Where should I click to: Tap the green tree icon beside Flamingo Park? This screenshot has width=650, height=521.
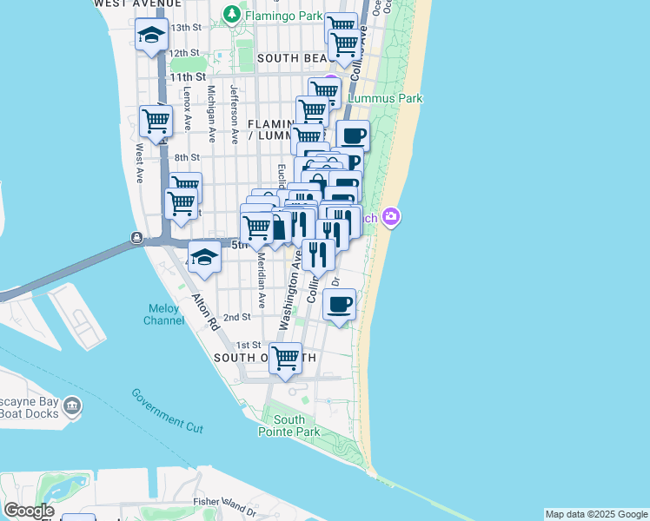tap(231, 14)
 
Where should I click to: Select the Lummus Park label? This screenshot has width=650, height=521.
tap(385, 98)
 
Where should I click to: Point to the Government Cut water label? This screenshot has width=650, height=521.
tap(168, 411)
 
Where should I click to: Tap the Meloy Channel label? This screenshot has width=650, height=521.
tap(163, 314)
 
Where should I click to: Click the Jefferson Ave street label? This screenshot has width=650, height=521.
tap(234, 114)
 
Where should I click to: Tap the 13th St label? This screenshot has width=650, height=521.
tap(186, 28)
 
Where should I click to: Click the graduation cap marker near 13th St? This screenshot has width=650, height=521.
tap(151, 36)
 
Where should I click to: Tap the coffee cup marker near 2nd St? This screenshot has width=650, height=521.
tap(339, 304)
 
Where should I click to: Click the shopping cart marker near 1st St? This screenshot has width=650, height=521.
tap(285, 357)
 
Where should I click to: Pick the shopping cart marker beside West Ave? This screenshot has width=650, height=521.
tap(156, 121)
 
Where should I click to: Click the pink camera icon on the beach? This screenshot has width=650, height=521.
tap(392, 216)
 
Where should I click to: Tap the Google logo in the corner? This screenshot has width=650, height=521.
tap(29, 511)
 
